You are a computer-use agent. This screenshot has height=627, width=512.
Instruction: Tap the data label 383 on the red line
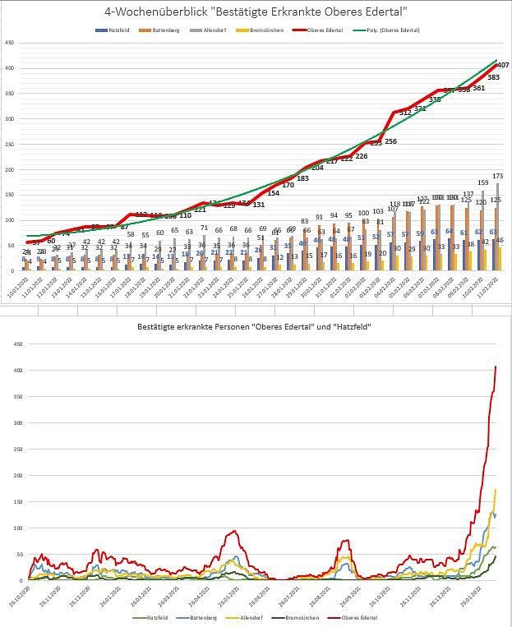pos(493,76)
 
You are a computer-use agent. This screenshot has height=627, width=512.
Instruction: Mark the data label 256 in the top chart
pos(390,141)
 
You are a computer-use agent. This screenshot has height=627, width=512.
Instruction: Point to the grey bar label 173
pos(497,176)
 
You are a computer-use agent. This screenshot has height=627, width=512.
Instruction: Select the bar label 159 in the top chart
pos(482,182)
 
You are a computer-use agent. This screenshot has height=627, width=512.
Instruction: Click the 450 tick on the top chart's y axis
pos(9,43)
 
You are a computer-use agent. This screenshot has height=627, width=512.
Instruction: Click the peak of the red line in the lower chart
pos(496,367)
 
